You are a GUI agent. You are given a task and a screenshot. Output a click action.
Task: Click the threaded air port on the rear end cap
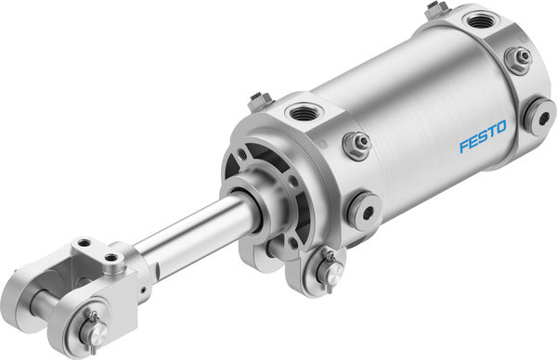[x=480, y=20]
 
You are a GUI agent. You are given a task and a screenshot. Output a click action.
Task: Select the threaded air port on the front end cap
[x=304, y=114]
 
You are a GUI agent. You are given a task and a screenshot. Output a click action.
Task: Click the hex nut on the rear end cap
[x=518, y=59]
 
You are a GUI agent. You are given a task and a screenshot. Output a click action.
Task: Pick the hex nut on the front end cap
[x=356, y=145]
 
